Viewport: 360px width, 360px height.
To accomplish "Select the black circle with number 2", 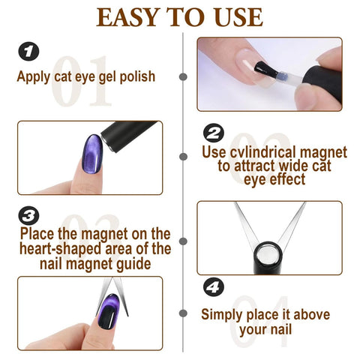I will (x=214, y=133).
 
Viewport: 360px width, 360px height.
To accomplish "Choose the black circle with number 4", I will (x=214, y=287).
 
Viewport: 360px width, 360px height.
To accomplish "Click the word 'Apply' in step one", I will (x=35, y=76).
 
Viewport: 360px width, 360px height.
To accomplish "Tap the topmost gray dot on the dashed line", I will (x=184, y=76).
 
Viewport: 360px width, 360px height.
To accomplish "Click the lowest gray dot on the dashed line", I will (x=184, y=315).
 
